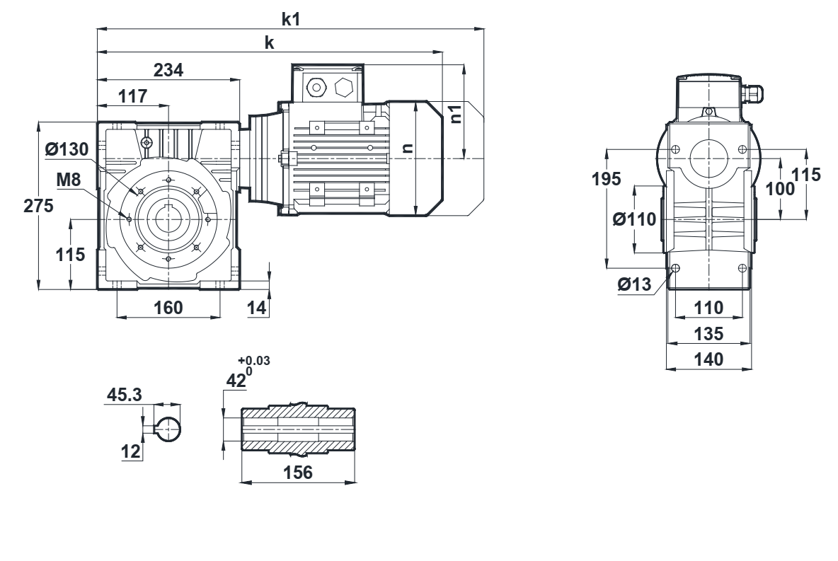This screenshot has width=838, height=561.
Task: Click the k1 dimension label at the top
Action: [x=291, y=19]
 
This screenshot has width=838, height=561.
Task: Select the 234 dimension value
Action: [x=169, y=69]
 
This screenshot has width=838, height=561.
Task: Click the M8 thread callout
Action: [x=69, y=180]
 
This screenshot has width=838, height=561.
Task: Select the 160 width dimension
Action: [x=168, y=307]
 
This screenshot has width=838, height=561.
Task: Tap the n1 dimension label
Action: [x=457, y=113]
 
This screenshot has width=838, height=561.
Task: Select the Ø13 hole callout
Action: [x=635, y=284]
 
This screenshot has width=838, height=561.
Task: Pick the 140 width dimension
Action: [x=709, y=359]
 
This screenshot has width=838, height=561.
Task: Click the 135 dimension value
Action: [x=709, y=333]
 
